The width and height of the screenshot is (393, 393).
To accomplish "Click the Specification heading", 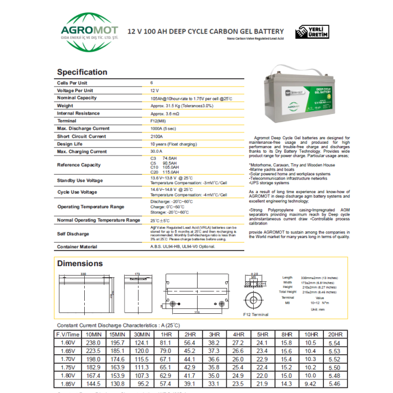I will click(x=82, y=72).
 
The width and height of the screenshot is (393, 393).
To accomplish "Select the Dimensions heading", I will click(x=80, y=263).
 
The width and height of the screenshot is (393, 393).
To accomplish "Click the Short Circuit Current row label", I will click(x=81, y=136).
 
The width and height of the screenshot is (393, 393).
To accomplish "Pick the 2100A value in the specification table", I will click(x=157, y=136).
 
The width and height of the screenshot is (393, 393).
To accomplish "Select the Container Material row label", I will click(x=77, y=246).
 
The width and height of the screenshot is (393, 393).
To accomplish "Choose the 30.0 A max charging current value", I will click(x=157, y=152).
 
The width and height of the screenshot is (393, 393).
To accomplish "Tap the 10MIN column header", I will click(x=93, y=335).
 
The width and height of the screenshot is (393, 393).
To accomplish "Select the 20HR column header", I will click(x=335, y=335).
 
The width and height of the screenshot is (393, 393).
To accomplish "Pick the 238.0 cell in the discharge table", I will click(x=93, y=342).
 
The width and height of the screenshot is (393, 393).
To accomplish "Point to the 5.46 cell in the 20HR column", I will click(x=335, y=384).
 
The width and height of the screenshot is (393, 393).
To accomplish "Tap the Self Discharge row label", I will click(x=73, y=234).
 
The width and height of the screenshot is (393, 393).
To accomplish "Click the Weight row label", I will click(x=65, y=106).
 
